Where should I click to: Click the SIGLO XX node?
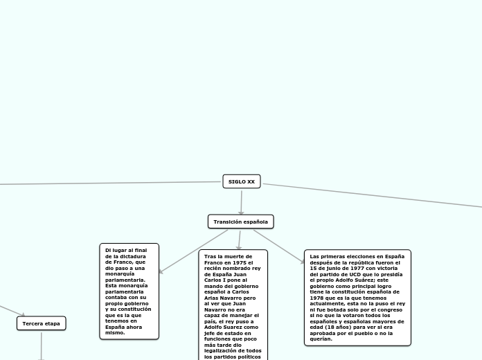click(241, 181)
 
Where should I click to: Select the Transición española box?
click(240, 222)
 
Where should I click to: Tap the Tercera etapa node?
click(42, 323)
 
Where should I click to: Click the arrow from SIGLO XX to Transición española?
click(241, 201)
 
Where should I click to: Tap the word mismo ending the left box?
click(114, 333)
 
